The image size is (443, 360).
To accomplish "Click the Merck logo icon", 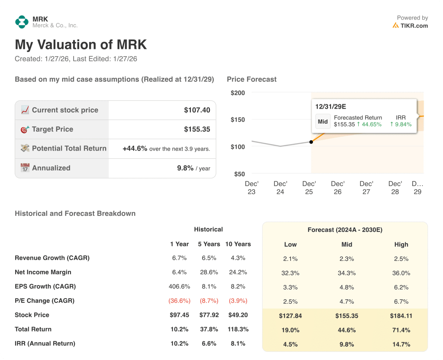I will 22,22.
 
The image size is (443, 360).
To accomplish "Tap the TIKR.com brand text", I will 414,26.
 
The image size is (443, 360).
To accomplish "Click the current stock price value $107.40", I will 197,110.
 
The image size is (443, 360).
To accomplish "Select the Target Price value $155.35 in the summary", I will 197,129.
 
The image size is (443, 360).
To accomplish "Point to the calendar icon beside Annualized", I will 25,168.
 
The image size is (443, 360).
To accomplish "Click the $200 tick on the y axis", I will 238,93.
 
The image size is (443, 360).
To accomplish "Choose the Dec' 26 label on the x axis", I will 337,188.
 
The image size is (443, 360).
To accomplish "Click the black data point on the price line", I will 311,142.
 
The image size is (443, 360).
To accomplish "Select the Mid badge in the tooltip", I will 323,121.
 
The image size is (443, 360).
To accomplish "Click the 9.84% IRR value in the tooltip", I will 401,124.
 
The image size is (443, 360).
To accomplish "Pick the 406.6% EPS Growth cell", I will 179,286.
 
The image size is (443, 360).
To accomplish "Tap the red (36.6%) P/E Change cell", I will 179,301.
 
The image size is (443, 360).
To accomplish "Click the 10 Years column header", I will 238,244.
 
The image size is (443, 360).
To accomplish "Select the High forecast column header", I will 401,244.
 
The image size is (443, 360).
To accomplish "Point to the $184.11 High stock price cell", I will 401,315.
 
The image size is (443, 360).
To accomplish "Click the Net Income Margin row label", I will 43,272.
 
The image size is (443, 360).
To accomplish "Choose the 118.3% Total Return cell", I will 238,329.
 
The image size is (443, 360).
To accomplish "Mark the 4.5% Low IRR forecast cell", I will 290,344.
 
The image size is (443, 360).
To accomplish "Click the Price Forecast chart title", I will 251,79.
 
